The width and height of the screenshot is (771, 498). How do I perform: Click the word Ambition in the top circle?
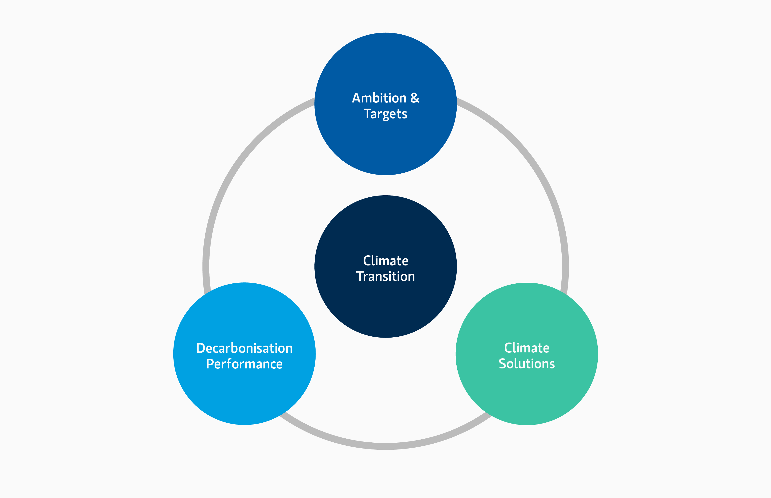379,98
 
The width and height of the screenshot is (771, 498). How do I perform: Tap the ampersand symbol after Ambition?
415,98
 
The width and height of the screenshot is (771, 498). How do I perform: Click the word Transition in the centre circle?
385,277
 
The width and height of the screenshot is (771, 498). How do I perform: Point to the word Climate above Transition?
385,261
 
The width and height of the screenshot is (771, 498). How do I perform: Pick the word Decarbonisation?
244,348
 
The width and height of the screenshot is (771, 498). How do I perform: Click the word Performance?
244,364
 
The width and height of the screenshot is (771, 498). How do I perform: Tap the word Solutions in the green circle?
527,364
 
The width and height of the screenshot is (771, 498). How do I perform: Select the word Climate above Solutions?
527,348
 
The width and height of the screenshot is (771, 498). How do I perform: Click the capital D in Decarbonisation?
200,348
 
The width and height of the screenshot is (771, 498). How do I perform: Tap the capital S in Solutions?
502,364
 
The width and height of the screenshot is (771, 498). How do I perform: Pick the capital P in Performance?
210,364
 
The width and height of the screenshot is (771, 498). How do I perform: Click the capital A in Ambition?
356,98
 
